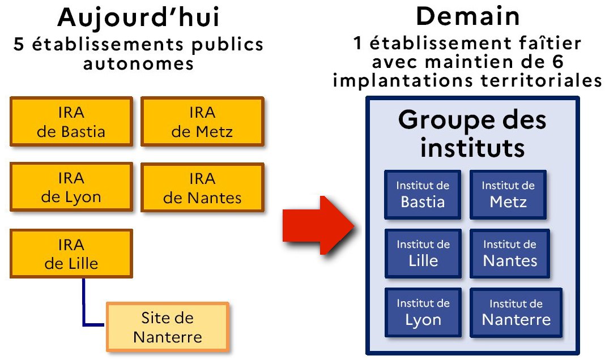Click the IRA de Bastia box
71,122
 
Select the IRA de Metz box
202,122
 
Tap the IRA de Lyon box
71,187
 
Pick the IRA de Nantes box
202,187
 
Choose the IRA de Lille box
71,253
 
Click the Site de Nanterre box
167,327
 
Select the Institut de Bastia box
423,194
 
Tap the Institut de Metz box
508,194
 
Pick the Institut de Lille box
423,253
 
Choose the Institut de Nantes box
510,253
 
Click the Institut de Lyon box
423,312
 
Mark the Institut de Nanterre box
516,312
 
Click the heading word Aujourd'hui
138,18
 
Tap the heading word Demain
468,17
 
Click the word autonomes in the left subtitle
138,63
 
